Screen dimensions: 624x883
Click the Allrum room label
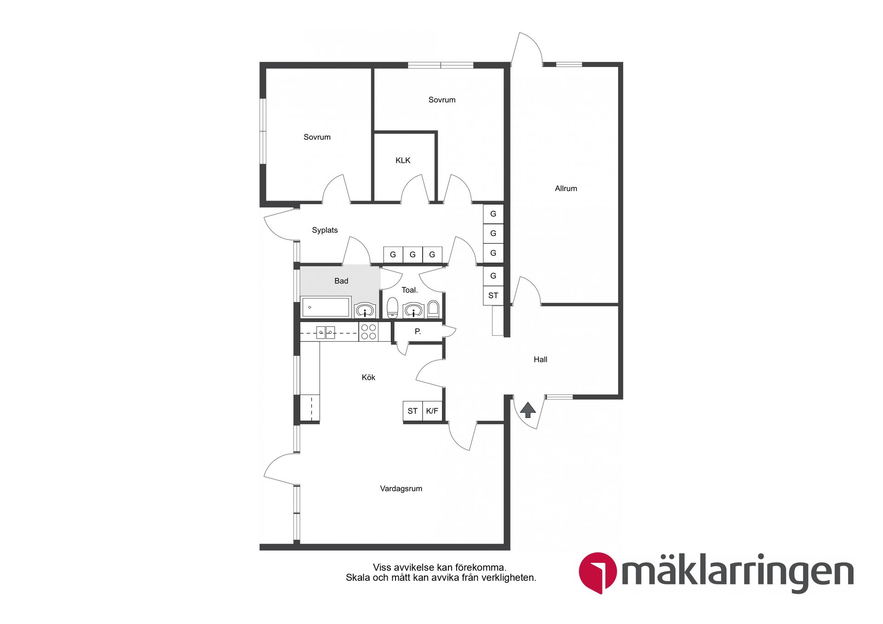(566, 189)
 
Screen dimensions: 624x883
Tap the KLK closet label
(403, 160)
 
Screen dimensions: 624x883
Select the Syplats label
(325, 230)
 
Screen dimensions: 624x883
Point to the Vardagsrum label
(401, 489)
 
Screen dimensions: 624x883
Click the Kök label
(368, 378)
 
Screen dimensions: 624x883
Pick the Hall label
(540, 360)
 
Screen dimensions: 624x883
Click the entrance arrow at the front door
(528, 410)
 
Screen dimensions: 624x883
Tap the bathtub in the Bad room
(326, 307)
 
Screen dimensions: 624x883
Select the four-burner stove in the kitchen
(368, 332)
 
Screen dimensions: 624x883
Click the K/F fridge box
(432, 411)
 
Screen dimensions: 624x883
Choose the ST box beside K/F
(413, 411)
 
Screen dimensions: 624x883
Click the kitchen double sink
(326, 332)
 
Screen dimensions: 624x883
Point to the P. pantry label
(418, 331)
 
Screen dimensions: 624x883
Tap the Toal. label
(409, 290)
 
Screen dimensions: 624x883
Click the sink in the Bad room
(365, 310)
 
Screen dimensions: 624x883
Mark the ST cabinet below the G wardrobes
(493, 296)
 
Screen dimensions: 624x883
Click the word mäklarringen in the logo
(738, 573)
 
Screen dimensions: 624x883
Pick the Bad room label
(341, 281)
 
